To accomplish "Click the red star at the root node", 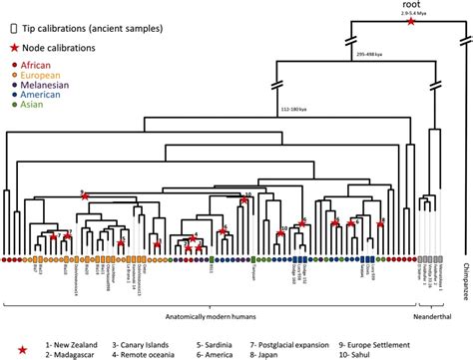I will [x=412, y=35].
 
